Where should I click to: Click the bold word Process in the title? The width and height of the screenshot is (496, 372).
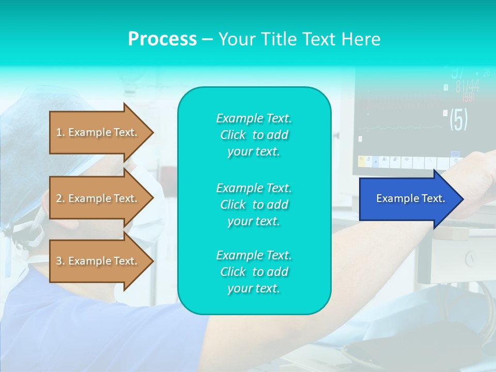click(162, 39)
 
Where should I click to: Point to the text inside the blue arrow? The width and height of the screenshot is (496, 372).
click(411, 198)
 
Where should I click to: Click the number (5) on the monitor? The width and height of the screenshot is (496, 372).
click(458, 119)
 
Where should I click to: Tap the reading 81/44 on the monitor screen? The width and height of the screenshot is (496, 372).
click(467, 86)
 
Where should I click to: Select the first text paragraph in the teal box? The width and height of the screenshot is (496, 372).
click(254, 135)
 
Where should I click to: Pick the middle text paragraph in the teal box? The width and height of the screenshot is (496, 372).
click(254, 205)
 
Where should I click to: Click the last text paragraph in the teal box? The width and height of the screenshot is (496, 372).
click(254, 272)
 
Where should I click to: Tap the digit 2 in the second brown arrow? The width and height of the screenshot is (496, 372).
click(59, 198)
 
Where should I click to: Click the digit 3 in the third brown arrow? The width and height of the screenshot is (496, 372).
click(59, 261)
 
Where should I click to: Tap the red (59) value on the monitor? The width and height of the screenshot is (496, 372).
click(468, 97)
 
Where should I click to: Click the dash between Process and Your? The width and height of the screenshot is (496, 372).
click(207, 39)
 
